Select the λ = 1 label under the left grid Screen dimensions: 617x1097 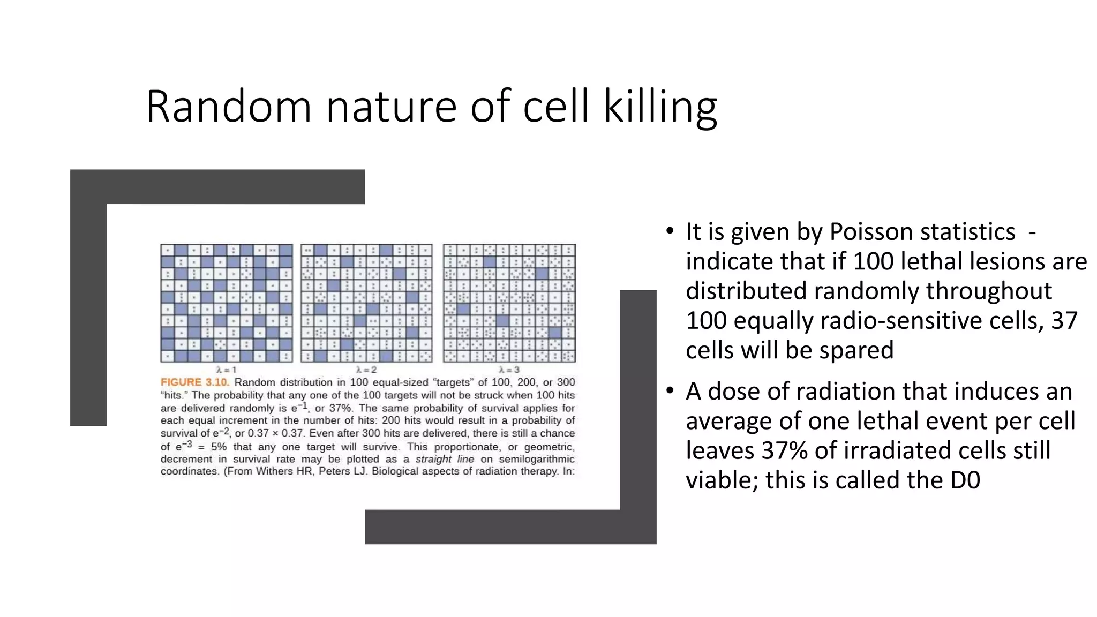pyautogui.click(x=226, y=370)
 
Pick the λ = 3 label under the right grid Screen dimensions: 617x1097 pyautogui.click(x=509, y=370)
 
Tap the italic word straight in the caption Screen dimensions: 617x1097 pyautogui.click(x=433, y=459)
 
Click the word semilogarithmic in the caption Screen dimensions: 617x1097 pyautogui.click(x=536, y=459)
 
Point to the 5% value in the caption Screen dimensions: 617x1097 pyautogui.click(x=219, y=447)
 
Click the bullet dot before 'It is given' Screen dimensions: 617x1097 pyautogui.click(x=670, y=231)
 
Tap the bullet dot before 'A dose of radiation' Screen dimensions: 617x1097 pyautogui.click(x=670, y=391)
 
